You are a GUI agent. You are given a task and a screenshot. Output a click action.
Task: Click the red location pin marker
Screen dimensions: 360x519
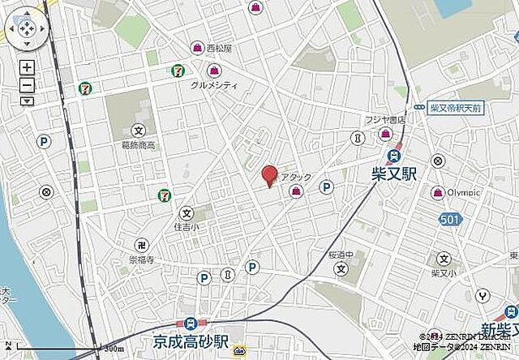point(269,175)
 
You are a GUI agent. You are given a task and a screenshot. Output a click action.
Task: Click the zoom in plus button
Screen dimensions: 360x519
point(27,68)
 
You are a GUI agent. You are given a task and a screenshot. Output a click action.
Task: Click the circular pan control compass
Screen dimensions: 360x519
point(24,30)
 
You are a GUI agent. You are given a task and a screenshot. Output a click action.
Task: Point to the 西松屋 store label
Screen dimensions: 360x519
point(219,49)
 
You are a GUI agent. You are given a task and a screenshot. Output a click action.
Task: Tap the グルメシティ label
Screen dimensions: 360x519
point(213,84)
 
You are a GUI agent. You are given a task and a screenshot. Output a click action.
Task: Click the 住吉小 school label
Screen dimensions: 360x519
point(187,229)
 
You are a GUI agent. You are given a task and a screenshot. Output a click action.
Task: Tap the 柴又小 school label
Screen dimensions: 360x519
point(443,272)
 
